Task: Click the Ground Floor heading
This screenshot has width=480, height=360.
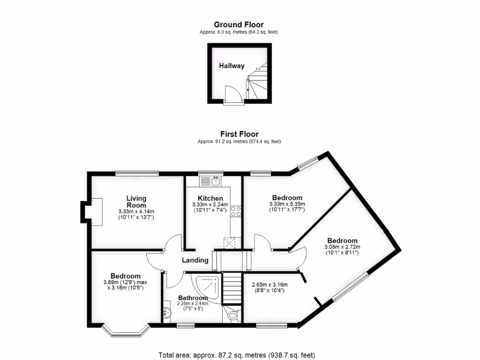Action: coord(239,24)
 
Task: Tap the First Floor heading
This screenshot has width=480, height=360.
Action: coord(239,134)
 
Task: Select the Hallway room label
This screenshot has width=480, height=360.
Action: coord(232,66)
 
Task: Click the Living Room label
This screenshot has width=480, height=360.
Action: coord(136,202)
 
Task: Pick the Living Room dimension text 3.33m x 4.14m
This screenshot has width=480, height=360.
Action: coord(136,212)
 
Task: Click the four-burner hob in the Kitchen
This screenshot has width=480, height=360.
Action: coord(235,211)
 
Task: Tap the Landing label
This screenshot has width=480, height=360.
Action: coord(195,260)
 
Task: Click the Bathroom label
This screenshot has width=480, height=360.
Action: coord(193,298)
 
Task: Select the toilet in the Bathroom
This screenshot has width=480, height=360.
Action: coord(232,317)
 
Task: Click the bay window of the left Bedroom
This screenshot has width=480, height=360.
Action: coord(126,331)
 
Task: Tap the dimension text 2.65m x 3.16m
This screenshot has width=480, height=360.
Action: coord(270,285)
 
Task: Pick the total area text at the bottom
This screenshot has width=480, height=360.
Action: coord(240,355)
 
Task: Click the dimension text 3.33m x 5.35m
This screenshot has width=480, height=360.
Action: coord(287,204)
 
